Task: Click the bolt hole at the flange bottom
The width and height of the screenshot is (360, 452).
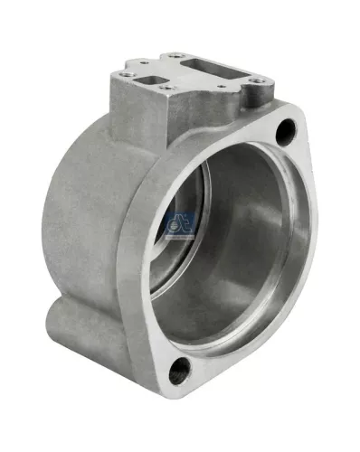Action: (180, 369)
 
